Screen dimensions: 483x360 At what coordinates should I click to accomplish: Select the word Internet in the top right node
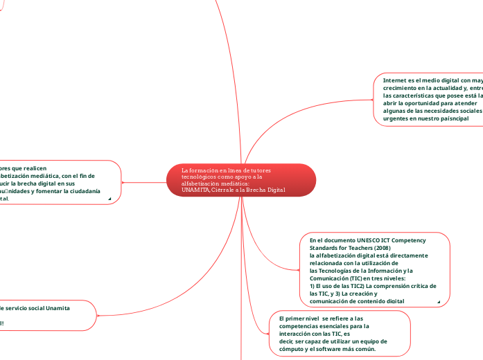395,80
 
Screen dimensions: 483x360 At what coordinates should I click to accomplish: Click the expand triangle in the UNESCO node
439,302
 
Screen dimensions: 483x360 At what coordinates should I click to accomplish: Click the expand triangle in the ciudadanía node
110,199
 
